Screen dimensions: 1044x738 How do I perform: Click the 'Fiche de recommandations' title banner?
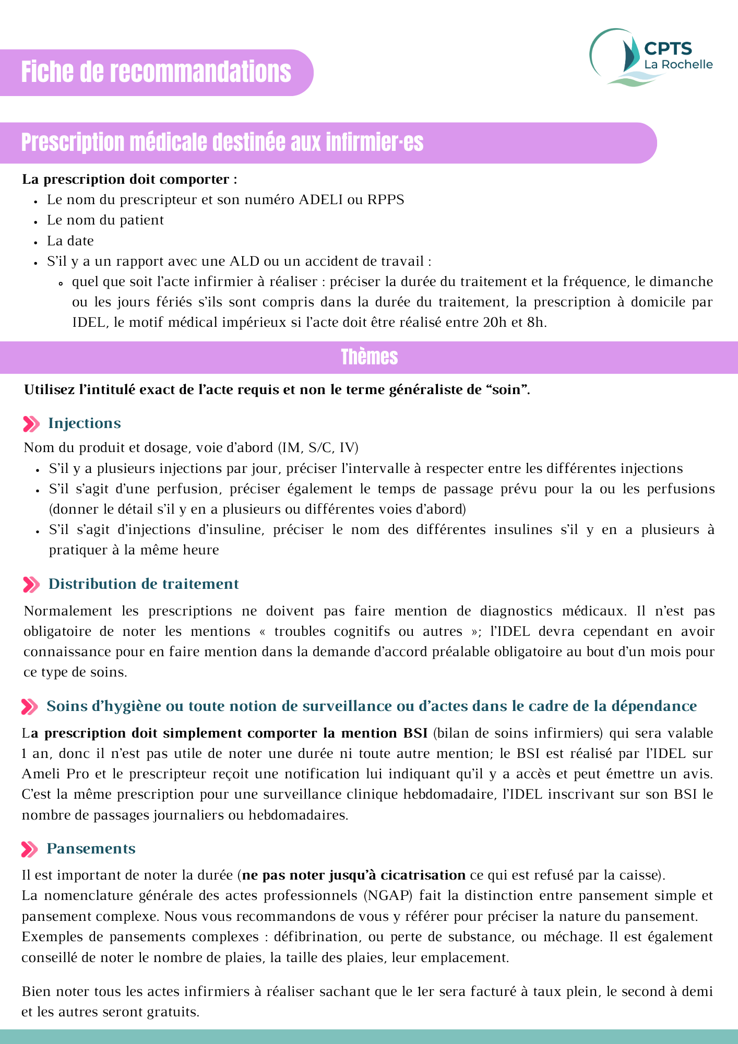(156, 72)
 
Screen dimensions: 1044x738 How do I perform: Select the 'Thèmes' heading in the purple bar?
(369, 358)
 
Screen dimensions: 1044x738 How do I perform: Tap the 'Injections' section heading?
(85, 423)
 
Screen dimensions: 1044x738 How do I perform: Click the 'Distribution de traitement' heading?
(144, 584)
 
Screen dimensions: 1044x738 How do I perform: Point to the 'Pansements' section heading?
(91, 849)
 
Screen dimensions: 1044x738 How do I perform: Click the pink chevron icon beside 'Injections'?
(31, 424)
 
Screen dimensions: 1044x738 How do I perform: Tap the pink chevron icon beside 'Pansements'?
(30, 849)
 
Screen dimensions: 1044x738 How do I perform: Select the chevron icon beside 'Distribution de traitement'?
(31, 585)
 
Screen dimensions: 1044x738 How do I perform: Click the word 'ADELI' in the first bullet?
(318, 200)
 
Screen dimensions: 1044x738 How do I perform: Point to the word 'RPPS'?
(386, 200)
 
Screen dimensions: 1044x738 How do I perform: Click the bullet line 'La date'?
(70, 241)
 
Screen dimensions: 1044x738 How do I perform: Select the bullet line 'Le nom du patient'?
(105, 220)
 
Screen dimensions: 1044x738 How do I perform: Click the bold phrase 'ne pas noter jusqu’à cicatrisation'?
(354, 875)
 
